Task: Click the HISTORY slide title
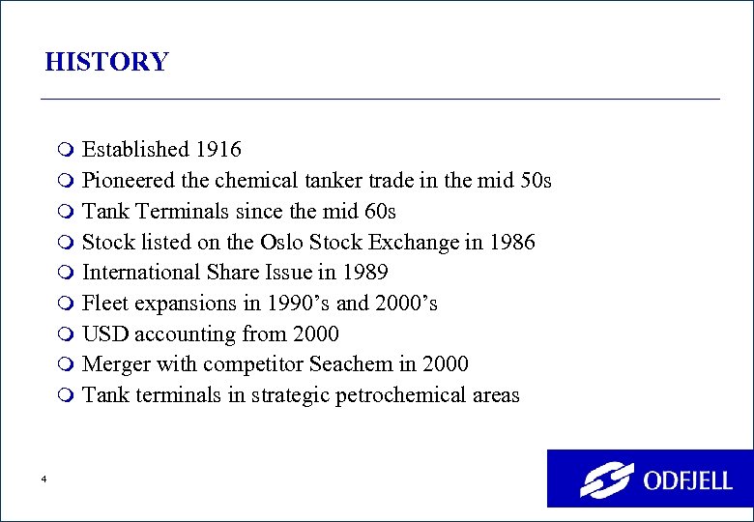(x=106, y=63)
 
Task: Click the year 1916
(x=218, y=150)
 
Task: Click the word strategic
(x=289, y=396)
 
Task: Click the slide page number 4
(x=44, y=479)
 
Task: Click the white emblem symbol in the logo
(x=605, y=479)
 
